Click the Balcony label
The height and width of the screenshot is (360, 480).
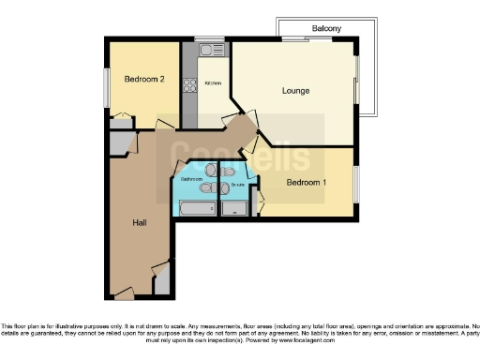pos(326,29)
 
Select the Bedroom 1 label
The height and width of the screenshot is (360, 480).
pos(307,182)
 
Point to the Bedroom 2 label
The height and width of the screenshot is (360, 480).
pos(145,80)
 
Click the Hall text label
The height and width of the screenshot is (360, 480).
pos(139,222)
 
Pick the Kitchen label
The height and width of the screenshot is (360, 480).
pos(213,83)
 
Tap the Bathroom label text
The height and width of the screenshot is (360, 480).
pos(191,178)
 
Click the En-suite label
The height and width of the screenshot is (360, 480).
pos(237,185)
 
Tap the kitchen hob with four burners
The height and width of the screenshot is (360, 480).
pos(189,84)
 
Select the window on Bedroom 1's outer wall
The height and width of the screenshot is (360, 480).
pos(355,184)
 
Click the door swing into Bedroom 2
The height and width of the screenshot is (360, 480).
pos(121,120)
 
